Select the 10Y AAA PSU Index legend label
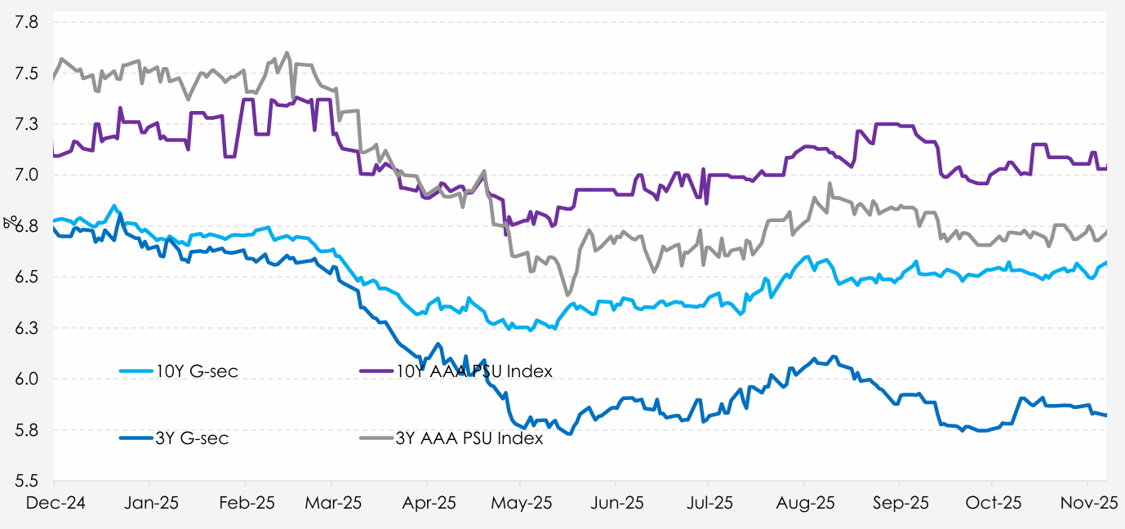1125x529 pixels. pos(474,371)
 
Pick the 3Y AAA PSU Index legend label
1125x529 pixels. pos(469,438)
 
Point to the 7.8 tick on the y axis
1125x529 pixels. pos(28,23)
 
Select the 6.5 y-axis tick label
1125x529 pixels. pos(28,278)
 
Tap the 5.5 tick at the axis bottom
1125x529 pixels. pos(28,481)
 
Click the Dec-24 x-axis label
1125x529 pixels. pos(52,503)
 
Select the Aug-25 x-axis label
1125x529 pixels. pos(804,503)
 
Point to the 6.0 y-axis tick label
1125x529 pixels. pos(28,380)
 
